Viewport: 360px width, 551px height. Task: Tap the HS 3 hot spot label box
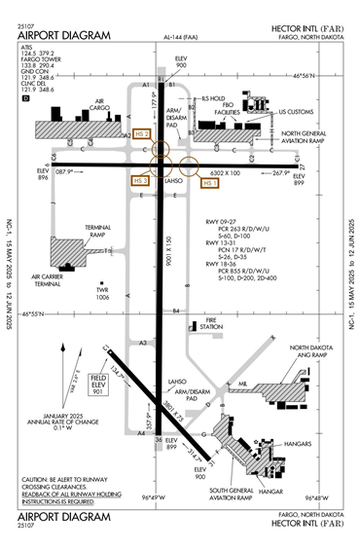pos(140,180)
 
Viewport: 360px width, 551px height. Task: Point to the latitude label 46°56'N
pos(327,74)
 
